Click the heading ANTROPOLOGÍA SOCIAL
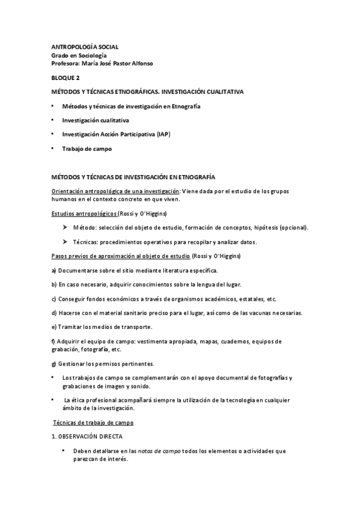coord(85,46)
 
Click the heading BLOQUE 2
coord(66,78)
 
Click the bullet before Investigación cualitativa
coord(53,120)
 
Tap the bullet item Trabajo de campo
coord(87,148)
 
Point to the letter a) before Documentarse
coord(54,271)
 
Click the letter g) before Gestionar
coord(54,363)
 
